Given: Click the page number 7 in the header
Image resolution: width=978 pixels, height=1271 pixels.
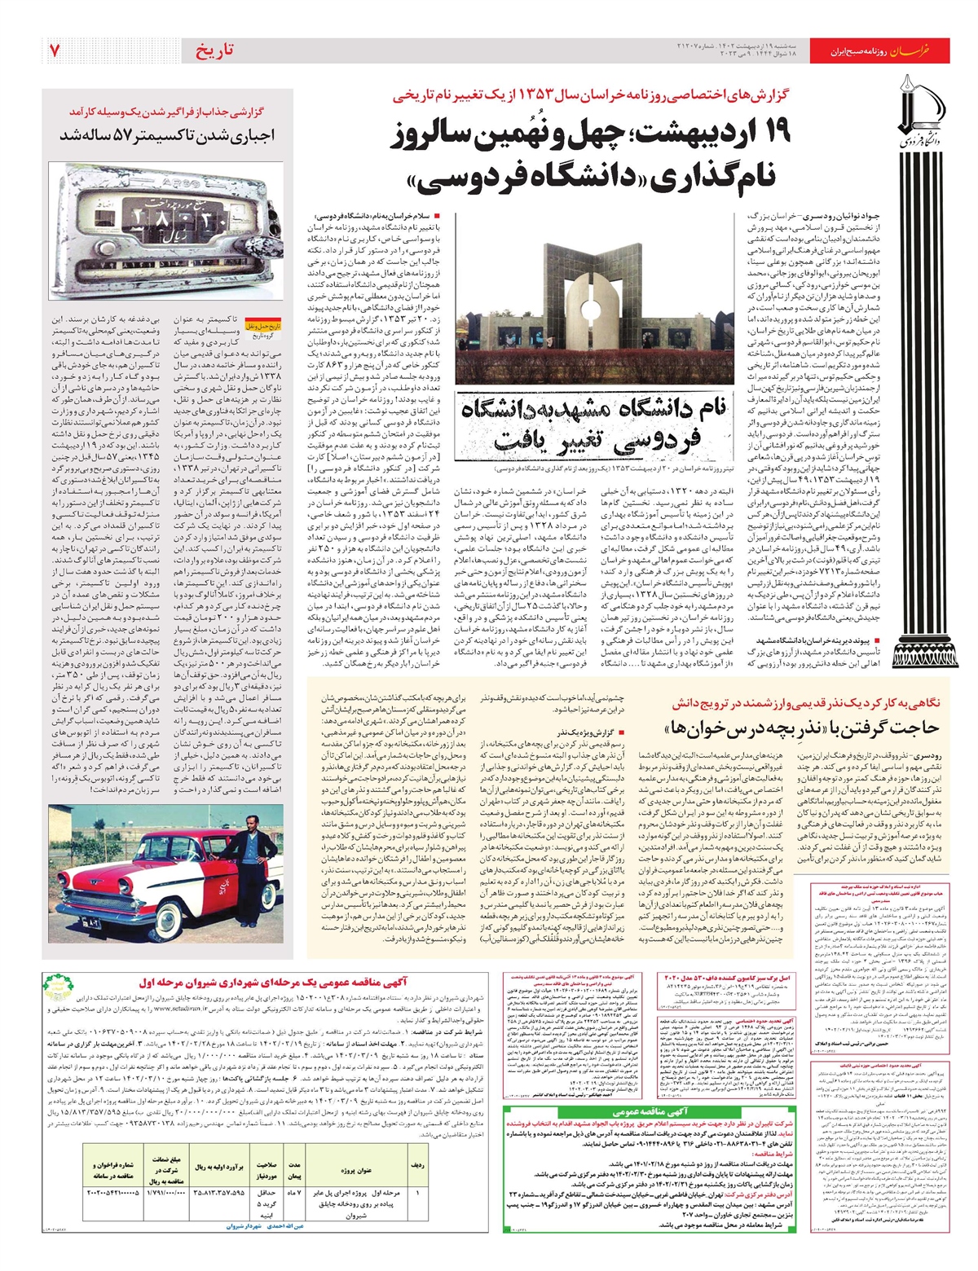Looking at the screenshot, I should [x=54, y=50].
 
